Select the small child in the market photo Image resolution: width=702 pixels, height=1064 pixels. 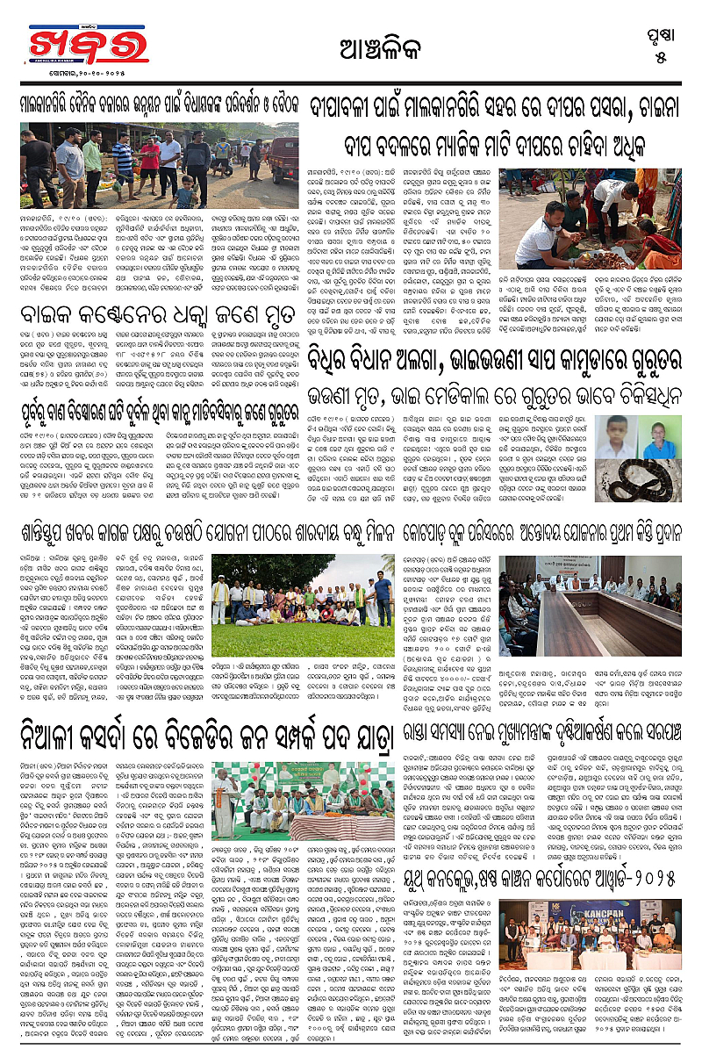pos(183,191)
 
